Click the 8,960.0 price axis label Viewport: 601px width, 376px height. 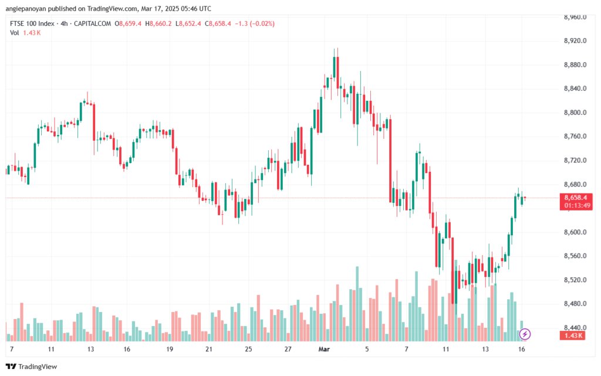tap(576, 17)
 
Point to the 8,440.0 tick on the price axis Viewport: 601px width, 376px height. tap(576, 328)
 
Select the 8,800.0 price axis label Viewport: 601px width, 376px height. tap(576, 113)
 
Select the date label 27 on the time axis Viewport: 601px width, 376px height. tap(288, 348)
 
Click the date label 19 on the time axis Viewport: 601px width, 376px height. tap(169, 348)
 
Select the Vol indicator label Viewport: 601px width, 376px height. tap(14, 33)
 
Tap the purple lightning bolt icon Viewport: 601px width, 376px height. tap(525, 334)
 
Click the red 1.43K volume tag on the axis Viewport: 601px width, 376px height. tap(575, 335)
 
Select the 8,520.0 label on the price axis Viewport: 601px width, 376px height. tap(576, 280)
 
